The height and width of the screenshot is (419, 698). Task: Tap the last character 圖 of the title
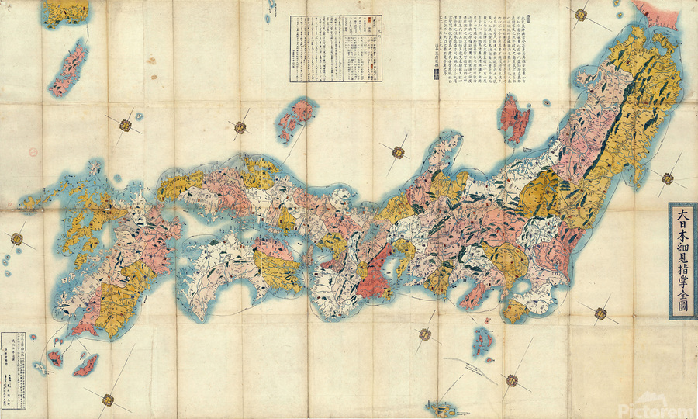click(x=682, y=306)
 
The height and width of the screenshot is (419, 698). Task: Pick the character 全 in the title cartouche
click(x=682, y=292)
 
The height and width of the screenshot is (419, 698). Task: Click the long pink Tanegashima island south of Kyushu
click(x=85, y=364)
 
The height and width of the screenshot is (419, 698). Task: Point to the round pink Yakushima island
click(x=55, y=358)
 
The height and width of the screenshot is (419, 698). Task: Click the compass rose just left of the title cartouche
click(x=667, y=178)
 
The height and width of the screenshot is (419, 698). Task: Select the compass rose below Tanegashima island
click(x=107, y=400)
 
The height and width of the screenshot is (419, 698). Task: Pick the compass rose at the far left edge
click(x=17, y=239)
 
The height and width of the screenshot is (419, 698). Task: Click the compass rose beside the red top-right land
click(x=580, y=14)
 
